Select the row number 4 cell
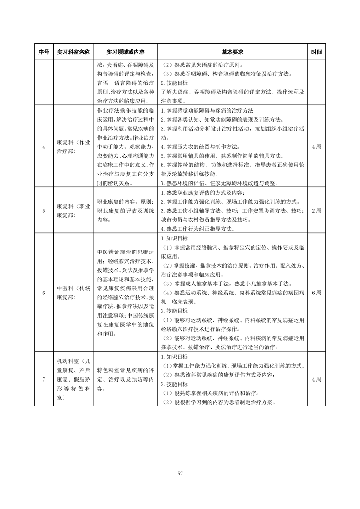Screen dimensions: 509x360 (44, 147)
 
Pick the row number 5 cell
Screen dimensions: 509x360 (44, 210)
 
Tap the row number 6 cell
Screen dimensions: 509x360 (44, 293)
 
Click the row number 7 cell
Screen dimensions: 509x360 (44, 379)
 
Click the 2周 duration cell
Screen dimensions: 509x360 (316, 210)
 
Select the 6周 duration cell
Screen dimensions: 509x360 (316, 293)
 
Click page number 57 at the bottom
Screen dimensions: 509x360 (180, 474)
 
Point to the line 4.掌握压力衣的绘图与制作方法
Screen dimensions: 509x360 (200, 147)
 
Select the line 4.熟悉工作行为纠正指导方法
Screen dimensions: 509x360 (202, 229)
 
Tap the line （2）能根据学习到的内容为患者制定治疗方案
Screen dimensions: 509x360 (219, 402)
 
